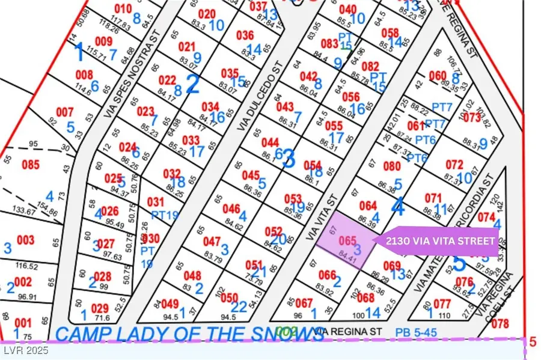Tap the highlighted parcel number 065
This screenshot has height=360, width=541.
pos(348,240)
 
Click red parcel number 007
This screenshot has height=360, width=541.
pos(64,112)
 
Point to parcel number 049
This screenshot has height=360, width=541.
pos(170,304)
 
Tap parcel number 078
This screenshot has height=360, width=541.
pos(500,323)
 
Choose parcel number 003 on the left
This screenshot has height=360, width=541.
pos(26,240)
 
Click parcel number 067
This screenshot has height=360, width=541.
pos(304,302)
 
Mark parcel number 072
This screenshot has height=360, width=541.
pos(454,164)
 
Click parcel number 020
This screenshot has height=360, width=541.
pos(206,14)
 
